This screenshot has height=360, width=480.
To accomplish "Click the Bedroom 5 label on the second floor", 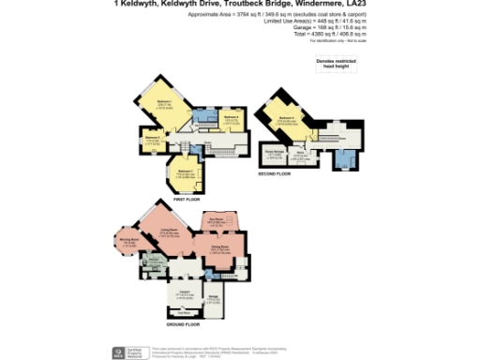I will coord(286,118).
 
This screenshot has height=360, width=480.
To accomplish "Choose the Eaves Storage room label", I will coord(275,151).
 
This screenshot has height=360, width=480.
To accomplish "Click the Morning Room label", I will coord(129,240).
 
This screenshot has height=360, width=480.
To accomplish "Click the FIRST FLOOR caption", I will coord(187,199).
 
